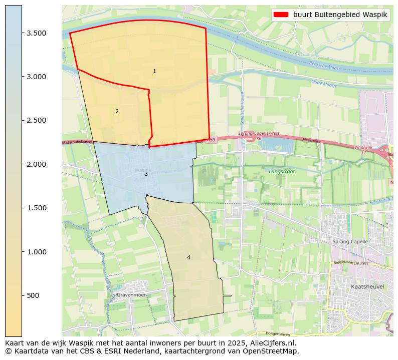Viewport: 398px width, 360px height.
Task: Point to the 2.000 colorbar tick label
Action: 37,164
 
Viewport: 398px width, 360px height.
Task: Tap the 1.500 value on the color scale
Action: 37,208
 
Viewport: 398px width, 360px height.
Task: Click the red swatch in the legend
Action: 282,15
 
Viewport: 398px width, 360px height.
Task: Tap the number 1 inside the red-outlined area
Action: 154,72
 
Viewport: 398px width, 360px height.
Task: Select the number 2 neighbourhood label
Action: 117,112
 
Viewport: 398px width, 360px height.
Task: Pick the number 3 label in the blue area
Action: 146,174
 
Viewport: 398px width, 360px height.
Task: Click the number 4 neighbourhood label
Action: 188,258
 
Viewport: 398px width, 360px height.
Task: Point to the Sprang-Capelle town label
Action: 350,242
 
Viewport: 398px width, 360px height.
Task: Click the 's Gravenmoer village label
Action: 129,295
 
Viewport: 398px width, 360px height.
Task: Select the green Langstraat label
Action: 281,171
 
